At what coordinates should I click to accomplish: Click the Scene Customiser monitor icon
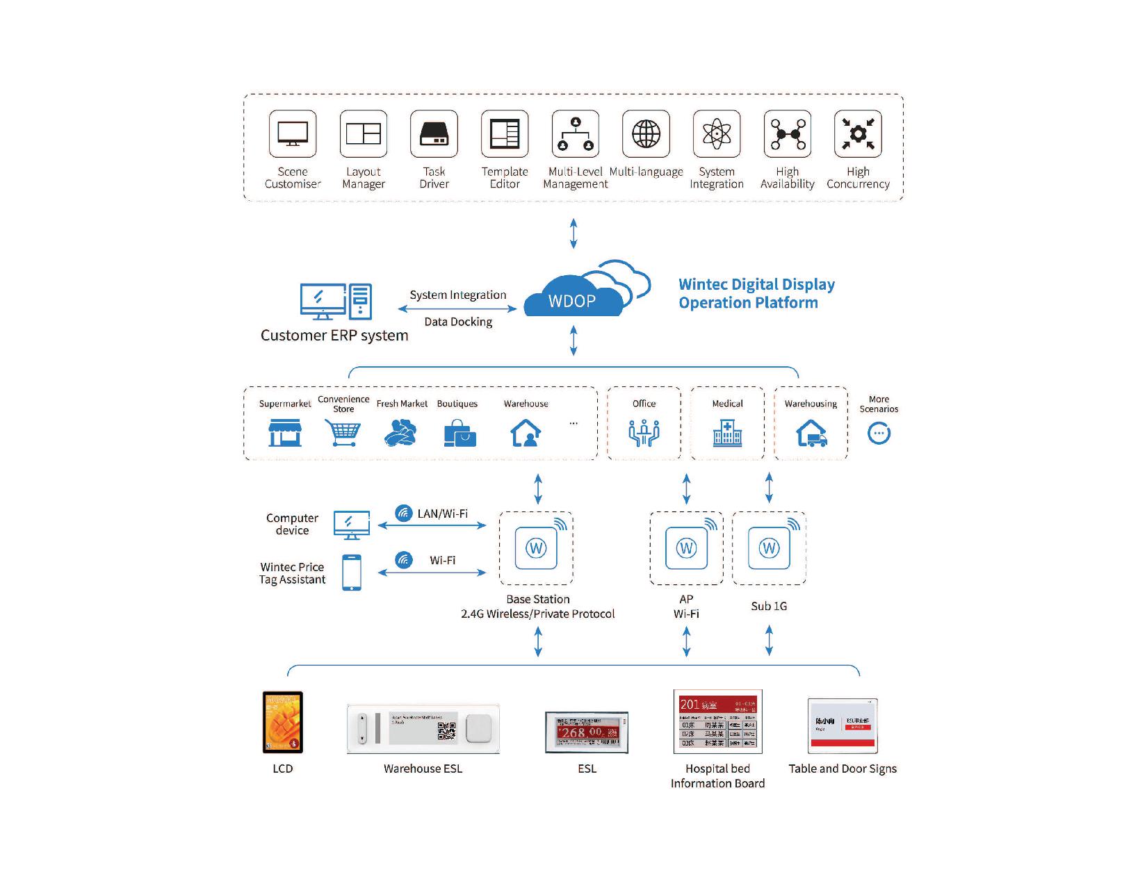[x=293, y=133]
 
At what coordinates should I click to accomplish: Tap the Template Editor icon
[x=505, y=133]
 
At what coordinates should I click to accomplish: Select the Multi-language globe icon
[x=646, y=133]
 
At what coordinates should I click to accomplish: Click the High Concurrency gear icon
[x=858, y=133]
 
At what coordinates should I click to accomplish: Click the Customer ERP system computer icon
[x=336, y=302]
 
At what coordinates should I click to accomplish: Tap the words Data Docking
[x=458, y=322]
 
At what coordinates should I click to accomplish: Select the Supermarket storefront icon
[x=285, y=433]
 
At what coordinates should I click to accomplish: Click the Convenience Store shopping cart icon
[x=343, y=433]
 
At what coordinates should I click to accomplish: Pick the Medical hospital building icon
[x=727, y=433]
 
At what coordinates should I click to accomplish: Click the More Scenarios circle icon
[x=879, y=434]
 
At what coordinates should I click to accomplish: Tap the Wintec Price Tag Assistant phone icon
[x=352, y=573]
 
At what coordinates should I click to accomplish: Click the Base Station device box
[x=536, y=548]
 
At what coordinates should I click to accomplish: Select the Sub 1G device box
[x=769, y=548]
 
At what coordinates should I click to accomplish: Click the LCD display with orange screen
[x=283, y=723]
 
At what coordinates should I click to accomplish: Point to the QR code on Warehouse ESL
[x=446, y=730]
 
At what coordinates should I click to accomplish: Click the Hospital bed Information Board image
[x=717, y=722]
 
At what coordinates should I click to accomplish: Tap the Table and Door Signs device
[x=843, y=726]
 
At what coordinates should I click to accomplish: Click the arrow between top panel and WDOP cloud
[x=573, y=233]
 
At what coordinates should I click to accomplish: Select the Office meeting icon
[x=644, y=433]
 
